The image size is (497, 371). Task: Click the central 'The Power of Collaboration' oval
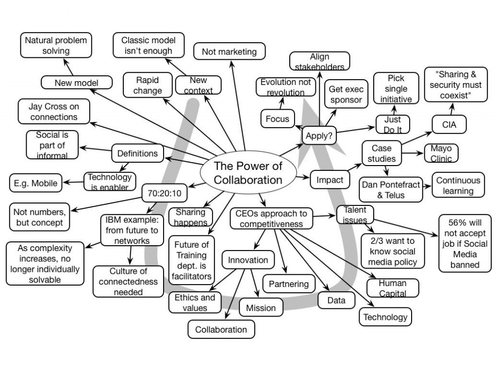tap(248, 173)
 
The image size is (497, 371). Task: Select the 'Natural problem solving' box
tap(56, 46)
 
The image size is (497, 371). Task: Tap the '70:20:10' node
tap(164, 193)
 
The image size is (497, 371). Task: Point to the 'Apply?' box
tap(319, 136)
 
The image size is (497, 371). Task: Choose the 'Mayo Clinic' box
tap(441, 153)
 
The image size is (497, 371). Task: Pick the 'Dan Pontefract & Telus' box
tap(386, 190)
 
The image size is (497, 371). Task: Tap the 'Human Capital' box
tap(392, 287)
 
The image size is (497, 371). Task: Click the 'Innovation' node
tap(248, 260)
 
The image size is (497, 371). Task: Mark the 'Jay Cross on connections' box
tap(53, 111)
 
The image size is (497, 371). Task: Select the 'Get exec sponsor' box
tap(346, 94)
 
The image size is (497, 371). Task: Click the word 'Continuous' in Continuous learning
tap(458, 180)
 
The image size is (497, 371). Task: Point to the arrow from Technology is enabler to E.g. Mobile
tap(74, 182)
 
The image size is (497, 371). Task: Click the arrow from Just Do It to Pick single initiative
tap(394, 110)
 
